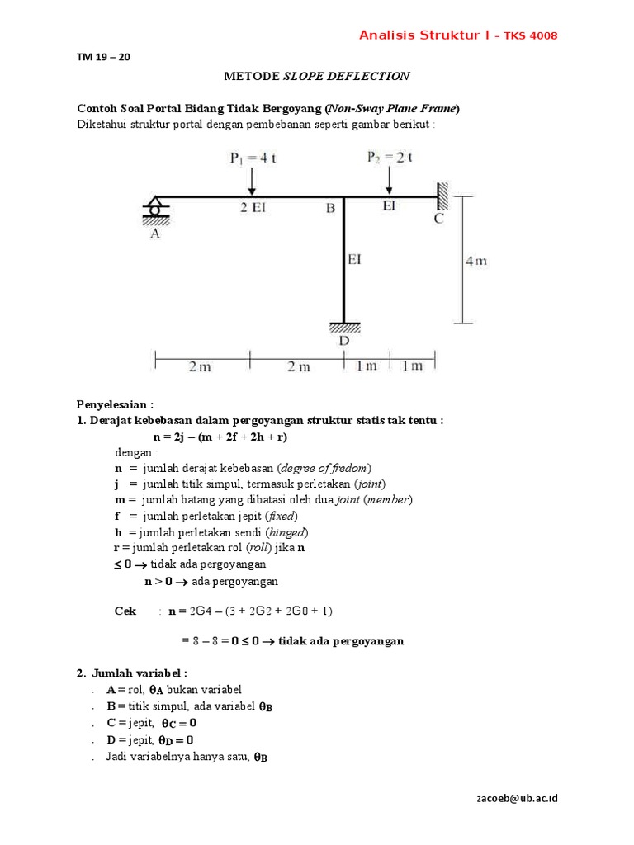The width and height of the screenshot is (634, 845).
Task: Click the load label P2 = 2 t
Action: (389, 157)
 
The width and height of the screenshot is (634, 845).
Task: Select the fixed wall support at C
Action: (442, 196)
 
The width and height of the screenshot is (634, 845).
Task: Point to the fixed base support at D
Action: (343, 326)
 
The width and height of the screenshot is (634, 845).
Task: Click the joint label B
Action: (330, 210)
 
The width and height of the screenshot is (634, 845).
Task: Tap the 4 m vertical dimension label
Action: (477, 261)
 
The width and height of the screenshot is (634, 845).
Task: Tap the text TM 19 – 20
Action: (103, 58)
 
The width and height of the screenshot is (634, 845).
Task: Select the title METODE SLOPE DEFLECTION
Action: (317, 77)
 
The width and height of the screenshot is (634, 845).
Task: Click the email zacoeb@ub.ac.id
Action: (518, 798)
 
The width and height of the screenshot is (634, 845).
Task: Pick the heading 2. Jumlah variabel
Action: (132, 673)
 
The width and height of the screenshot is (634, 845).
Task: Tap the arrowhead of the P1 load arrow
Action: (252, 191)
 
